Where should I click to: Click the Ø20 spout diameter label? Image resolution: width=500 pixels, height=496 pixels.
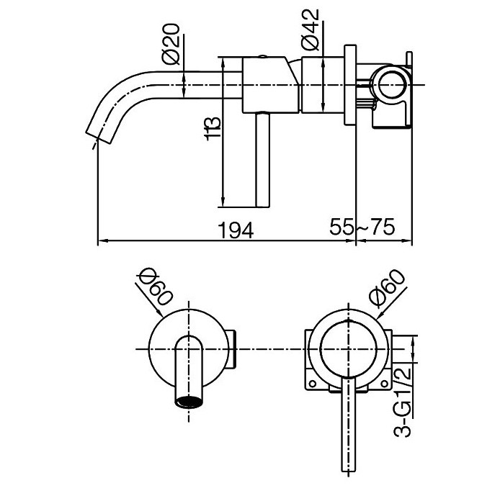coord(171,44)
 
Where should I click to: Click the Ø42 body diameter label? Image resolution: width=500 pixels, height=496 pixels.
coord(310,30)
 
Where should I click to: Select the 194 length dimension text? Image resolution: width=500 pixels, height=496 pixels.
coord(236,230)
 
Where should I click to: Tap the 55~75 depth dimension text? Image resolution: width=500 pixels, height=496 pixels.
coord(362,227)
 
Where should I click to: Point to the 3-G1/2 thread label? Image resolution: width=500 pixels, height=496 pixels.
coord(402,402)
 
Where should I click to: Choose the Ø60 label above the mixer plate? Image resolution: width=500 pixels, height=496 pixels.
coord(386,288)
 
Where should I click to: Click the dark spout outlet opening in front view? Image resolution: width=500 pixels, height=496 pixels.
coord(189,402)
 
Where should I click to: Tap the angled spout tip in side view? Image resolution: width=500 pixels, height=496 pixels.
coord(99,137)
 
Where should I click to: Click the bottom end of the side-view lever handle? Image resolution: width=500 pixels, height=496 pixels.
coord(263,207)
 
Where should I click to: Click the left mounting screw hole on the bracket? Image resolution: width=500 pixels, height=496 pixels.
coord(313,384)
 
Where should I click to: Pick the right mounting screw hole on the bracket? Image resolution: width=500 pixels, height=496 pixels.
coord(385,384)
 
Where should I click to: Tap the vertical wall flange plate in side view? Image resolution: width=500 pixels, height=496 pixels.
coord(350,85)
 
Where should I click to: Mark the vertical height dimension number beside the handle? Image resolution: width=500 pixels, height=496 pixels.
coord(213,129)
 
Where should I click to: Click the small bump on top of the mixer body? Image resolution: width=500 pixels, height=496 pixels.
coord(262,56)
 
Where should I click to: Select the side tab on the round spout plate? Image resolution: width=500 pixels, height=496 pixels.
coord(232,349)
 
